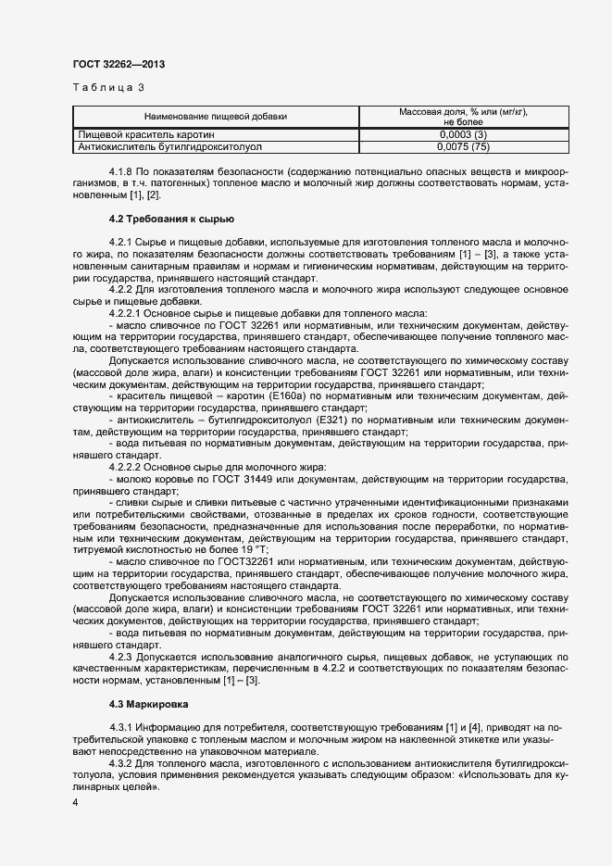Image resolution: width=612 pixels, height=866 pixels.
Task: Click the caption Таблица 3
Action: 107,88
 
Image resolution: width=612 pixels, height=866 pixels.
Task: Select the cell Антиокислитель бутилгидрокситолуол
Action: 170,146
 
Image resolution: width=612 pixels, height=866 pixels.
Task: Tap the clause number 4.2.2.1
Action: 127,315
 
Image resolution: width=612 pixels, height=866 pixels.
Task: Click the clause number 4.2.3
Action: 122,658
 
